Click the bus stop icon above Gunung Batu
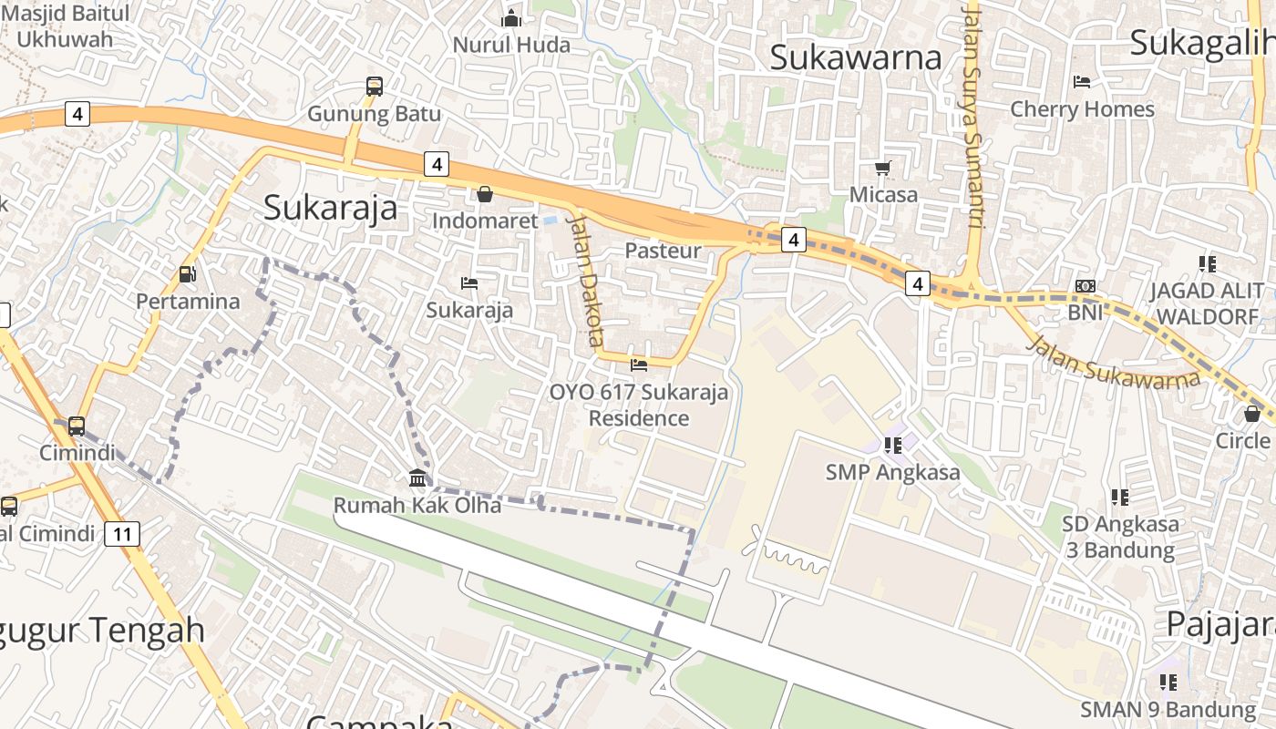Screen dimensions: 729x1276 coord(375,87)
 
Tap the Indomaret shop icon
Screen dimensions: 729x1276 coord(485,194)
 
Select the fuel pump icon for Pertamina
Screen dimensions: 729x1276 coord(188,273)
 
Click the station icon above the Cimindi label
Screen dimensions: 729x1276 coord(77,426)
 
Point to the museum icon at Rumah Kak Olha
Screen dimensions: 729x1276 coord(417,477)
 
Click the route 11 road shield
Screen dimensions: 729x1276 coord(122,533)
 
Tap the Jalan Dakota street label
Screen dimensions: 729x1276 coord(586,281)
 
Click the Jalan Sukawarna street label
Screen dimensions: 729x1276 coord(1113,364)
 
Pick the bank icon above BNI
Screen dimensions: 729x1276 coord(1086,285)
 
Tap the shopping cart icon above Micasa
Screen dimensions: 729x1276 coord(882,168)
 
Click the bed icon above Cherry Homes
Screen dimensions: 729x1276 coord(1082,82)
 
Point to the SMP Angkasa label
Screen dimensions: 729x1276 coord(893,472)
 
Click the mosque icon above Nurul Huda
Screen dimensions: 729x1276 coord(511,18)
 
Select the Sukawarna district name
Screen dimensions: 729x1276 coord(855,56)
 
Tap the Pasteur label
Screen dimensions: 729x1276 coord(663,251)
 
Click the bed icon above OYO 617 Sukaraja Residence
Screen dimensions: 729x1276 coord(639,365)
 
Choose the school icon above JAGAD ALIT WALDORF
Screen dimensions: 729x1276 coord(1208,264)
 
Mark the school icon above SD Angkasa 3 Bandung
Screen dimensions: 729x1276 coord(1120,498)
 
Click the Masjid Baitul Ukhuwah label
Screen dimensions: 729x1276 coord(65,26)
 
